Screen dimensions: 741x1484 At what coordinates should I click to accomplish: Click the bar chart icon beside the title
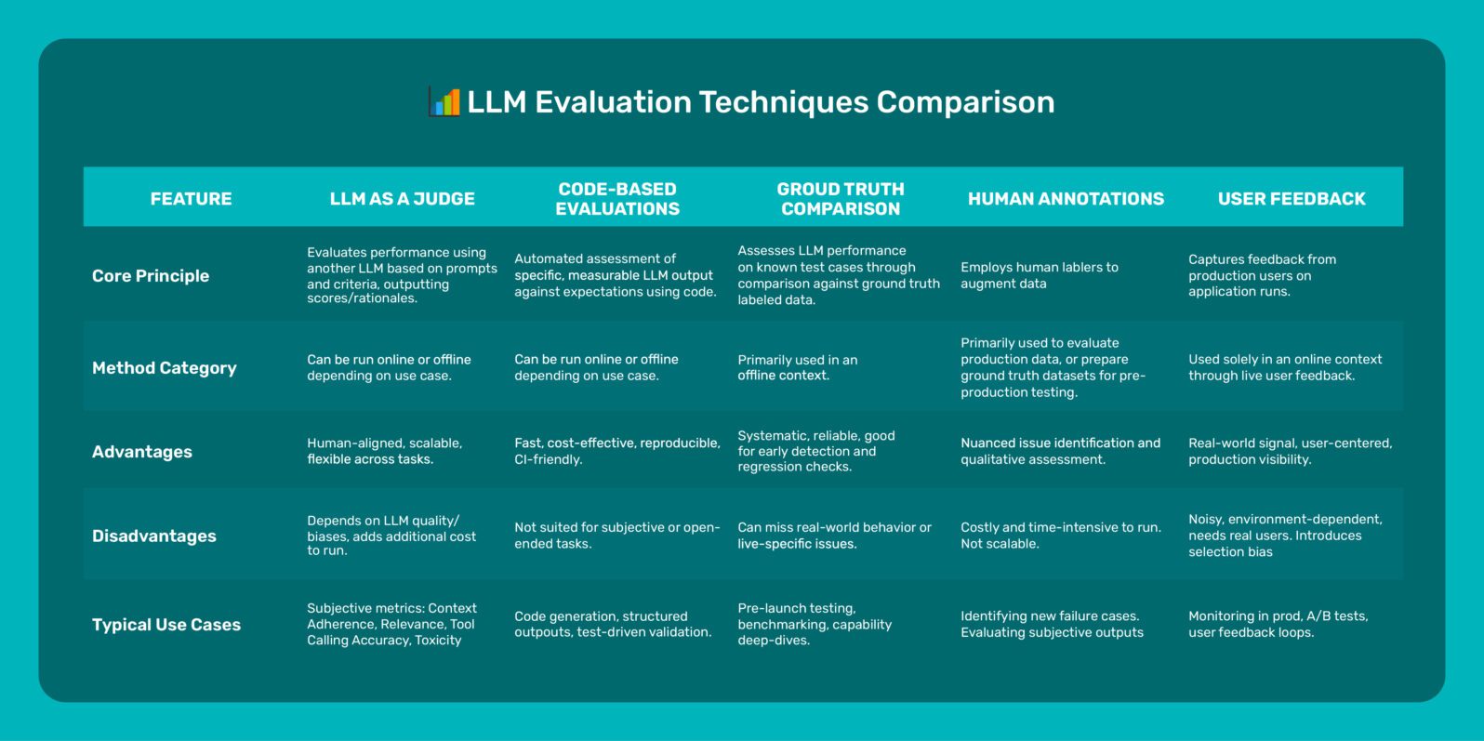(444, 101)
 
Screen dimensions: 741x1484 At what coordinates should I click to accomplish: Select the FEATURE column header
(191, 199)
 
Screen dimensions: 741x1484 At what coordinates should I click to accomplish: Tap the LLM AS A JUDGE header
(402, 199)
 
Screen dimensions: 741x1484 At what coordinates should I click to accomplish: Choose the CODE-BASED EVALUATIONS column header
(617, 199)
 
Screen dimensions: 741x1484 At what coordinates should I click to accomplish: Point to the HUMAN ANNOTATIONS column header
(1066, 199)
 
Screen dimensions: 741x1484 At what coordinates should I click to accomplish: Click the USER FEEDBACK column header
(1292, 199)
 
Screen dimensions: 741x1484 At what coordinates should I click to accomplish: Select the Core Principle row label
(151, 276)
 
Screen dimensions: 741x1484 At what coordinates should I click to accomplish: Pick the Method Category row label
(165, 368)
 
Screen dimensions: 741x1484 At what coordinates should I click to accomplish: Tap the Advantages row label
(142, 452)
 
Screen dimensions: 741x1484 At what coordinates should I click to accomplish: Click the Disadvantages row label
(154, 536)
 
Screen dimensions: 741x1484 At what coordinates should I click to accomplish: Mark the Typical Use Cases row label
(166, 625)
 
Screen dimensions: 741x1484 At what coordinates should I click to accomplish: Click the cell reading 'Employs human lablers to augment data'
(1039, 275)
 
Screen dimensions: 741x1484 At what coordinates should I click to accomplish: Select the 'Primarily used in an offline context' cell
(797, 367)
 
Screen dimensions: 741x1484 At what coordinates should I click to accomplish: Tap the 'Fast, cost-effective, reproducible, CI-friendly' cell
(616, 451)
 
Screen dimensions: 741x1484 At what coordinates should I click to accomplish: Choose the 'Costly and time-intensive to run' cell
(1060, 536)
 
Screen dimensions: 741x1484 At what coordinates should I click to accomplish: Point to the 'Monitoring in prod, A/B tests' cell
(1278, 624)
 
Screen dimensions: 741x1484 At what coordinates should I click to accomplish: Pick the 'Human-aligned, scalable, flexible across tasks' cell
(384, 451)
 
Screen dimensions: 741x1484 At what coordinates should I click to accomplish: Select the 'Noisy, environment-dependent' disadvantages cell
(1284, 536)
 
